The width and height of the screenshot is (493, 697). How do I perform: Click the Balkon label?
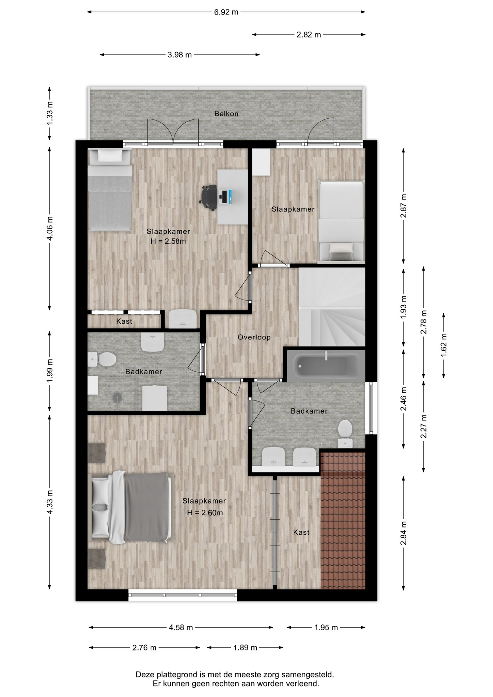coord(226,114)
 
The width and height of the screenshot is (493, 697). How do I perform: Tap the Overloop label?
coord(254,337)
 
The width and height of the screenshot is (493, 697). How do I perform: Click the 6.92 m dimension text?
coord(226,12)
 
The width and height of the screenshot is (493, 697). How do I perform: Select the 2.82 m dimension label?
coord(309,35)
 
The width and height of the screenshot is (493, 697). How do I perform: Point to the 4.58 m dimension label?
coord(181,627)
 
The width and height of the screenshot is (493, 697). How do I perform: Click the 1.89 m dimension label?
coord(245,648)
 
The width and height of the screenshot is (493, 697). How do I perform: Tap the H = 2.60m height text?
coord(205,513)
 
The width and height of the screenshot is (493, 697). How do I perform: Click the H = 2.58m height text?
coord(168,241)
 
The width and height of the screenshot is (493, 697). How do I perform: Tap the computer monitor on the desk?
coord(225,196)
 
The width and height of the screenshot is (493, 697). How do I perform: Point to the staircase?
coord(332,307)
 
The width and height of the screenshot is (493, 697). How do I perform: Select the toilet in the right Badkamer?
coord(345,433)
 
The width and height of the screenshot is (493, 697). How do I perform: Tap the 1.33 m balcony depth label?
coord(50,113)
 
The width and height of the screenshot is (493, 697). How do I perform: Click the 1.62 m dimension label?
coord(444,345)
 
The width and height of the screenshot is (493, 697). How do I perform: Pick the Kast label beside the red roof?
coord(301,532)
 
